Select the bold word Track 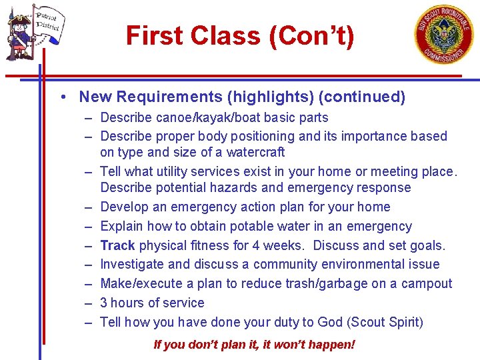117,245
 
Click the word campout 426,283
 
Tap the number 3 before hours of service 104,303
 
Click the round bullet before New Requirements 61,97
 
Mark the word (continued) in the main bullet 361,97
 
